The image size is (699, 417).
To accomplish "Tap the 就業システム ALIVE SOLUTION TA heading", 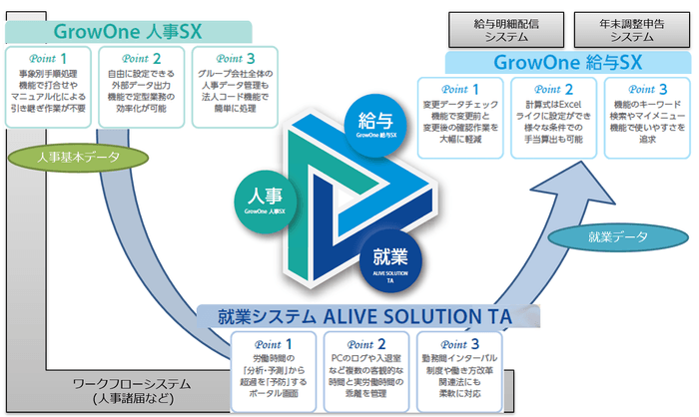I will pyautogui.click(x=363, y=317).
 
